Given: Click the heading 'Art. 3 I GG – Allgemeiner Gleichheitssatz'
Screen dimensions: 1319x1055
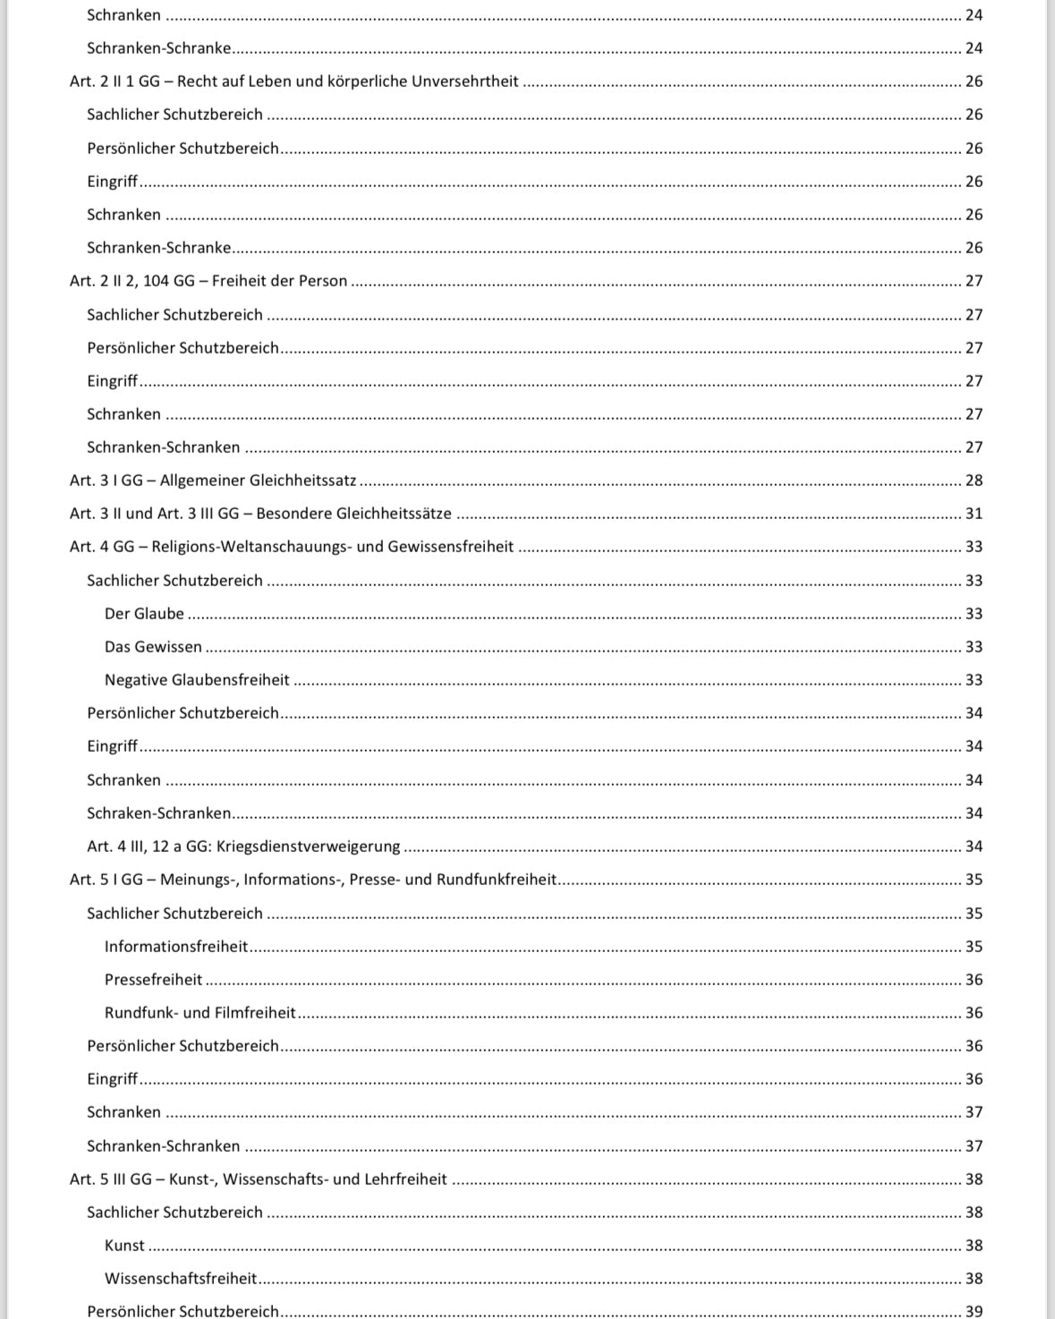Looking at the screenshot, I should pyautogui.click(x=213, y=481).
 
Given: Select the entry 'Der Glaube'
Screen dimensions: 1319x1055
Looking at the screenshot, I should pyautogui.click(x=144, y=614).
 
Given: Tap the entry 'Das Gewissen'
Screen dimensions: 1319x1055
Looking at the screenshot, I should pyautogui.click(x=153, y=647).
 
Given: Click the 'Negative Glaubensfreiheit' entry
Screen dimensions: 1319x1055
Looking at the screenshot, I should pyautogui.click(x=197, y=680).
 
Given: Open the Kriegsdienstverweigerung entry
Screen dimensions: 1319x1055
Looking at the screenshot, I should pyautogui.click(x=243, y=847).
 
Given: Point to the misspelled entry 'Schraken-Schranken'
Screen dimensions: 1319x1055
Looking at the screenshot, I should pyautogui.click(x=158, y=813).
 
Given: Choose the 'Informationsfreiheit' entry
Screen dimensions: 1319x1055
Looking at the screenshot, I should pyautogui.click(x=176, y=947).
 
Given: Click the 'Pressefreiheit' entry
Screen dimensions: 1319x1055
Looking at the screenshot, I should pyautogui.click(x=153, y=980).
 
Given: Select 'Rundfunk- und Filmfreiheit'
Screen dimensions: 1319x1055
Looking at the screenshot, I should pyautogui.click(x=200, y=1013).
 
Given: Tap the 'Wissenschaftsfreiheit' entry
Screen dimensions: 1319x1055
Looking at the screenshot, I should pyautogui.click(x=181, y=1279).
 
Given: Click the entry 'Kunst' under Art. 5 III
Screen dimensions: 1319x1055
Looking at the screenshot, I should pyautogui.click(x=124, y=1246).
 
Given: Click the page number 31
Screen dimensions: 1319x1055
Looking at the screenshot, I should pyautogui.click(x=974, y=514).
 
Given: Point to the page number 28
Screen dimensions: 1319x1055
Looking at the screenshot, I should pyautogui.click(x=974, y=481).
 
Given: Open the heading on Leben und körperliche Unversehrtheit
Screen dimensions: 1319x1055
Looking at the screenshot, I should pyautogui.click(x=294, y=81).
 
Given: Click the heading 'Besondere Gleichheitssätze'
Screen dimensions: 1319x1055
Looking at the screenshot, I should pyautogui.click(x=260, y=514).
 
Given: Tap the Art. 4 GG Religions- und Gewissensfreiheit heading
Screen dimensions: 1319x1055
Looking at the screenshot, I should pyautogui.click(x=292, y=547).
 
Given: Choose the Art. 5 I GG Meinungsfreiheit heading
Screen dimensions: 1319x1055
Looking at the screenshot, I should pyautogui.click(x=313, y=880).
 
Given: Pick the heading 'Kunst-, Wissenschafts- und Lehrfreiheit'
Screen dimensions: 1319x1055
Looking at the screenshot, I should pyautogui.click(x=258, y=1179).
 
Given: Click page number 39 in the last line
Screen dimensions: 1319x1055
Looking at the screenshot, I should pyautogui.click(x=974, y=1312).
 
